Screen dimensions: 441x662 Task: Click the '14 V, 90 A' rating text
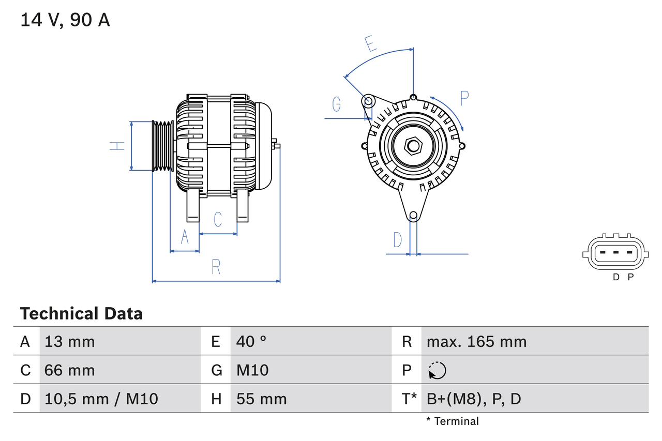pos(65,20)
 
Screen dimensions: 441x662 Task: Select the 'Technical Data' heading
pos(81,313)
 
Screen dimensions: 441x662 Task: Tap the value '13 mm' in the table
pos(70,341)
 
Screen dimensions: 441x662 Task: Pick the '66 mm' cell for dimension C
pos(70,370)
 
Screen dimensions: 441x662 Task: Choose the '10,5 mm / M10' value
pos(101,399)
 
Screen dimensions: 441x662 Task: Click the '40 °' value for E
pos(251,341)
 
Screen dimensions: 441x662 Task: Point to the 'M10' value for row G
pos(252,370)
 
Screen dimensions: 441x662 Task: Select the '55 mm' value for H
pos(261,399)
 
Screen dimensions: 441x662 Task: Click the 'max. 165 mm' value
pos(476,341)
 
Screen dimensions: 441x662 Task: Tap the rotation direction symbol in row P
pos(437,370)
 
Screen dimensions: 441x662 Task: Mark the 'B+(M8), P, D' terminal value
pos(474,399)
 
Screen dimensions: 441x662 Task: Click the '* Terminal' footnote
pos(453,421)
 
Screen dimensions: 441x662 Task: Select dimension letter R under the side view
pos(216,267)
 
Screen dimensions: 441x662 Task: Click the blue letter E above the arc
pos(370,44)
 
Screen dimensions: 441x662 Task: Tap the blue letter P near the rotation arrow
pos(464,98)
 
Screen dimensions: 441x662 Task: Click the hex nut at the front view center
pos(413,146)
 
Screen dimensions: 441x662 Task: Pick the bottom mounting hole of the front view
pos(413,216)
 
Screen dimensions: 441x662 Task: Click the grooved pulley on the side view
pos(162,146)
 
